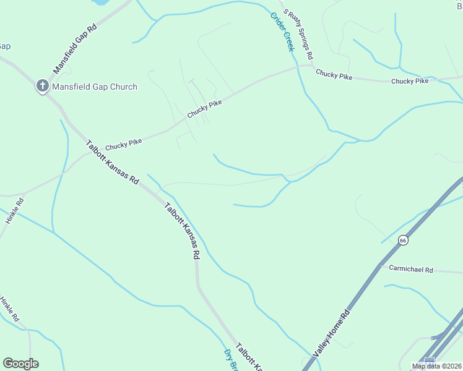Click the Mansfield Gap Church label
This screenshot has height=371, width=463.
click(94, 87)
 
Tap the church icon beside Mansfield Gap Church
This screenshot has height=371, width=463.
click(42, 86)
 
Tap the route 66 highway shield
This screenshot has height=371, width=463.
click(403, 240)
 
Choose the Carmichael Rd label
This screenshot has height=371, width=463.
click(411, 270)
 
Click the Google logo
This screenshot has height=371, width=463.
click(20, 364)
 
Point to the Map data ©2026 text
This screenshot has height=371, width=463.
click(436, 366)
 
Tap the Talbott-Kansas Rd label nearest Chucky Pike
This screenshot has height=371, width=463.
click(112, 161)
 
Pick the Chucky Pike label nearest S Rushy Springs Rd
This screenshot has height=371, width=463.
click(334, 75)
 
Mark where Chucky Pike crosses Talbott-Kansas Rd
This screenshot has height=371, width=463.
click(85, 152)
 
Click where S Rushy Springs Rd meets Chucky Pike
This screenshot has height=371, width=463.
click(312, 65)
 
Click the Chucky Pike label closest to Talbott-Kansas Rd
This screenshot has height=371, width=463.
click(123, 145)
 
